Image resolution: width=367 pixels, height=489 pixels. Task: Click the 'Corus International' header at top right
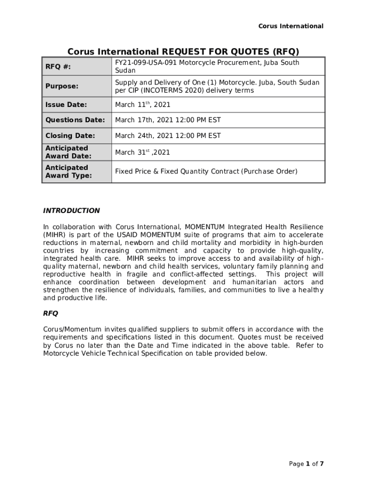click(291, 26)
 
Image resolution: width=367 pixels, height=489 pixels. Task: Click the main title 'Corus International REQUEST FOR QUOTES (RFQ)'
click(183, 52)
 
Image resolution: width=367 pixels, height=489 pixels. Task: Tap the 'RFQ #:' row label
click(58, 67)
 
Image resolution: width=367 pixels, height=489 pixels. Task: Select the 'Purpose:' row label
click(61, 86)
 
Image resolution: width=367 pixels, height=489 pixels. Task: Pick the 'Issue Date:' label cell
click(66, 105)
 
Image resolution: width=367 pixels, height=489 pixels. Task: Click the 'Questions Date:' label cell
click(75, 120)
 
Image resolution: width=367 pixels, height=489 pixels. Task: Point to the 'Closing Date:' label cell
click(70, 136)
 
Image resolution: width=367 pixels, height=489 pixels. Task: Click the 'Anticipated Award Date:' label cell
click(68, 152)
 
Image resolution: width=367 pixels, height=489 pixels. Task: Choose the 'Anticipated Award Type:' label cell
click(69, 171)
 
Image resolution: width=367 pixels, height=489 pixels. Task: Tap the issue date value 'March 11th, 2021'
click(143, 105)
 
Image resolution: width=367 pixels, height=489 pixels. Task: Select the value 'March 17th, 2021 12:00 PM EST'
click(168, 120)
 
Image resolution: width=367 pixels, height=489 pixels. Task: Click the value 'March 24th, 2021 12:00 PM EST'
click(168, 136)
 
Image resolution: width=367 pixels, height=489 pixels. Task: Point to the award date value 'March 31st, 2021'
click(142, 152)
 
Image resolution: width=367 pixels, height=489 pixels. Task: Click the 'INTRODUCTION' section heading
click(71, 211)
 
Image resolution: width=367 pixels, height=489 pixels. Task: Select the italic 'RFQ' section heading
click(51, 314)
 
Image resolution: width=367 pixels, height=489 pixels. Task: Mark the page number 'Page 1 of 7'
click(306, 464)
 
